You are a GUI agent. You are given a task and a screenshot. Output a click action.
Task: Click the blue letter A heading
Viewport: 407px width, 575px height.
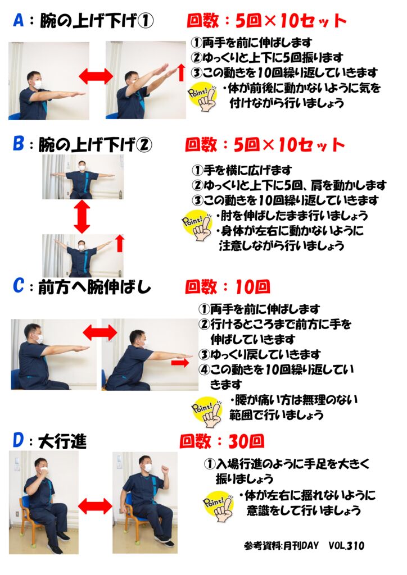point(19,21)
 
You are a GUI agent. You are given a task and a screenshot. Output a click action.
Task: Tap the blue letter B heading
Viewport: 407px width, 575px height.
point(19,144)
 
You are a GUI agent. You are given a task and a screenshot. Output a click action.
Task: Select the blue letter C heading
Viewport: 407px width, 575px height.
point(19,286)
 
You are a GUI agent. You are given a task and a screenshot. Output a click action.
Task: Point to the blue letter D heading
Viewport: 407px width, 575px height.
point(19,440)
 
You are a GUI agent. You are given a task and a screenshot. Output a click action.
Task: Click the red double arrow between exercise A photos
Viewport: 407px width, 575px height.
point(96,76)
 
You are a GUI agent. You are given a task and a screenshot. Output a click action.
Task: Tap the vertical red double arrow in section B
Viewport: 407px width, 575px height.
point(82,216)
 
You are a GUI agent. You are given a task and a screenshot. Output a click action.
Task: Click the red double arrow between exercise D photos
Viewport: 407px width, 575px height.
point(95,506)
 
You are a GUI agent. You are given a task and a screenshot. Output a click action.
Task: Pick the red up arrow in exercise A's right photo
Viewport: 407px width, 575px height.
point(181,72)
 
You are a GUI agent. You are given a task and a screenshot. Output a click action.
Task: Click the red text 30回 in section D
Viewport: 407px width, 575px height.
point(246,442)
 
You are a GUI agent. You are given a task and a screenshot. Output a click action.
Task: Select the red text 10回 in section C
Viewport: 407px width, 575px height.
point(252,287)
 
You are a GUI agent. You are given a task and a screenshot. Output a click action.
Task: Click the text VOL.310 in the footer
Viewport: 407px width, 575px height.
point(346,546)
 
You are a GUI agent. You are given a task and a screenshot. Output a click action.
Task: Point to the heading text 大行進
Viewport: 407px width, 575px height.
point(63,441)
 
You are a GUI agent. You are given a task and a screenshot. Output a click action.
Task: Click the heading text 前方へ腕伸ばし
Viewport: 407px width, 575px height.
point(94,287)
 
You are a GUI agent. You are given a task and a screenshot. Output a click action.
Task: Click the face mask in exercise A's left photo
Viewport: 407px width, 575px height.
point(38,84)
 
